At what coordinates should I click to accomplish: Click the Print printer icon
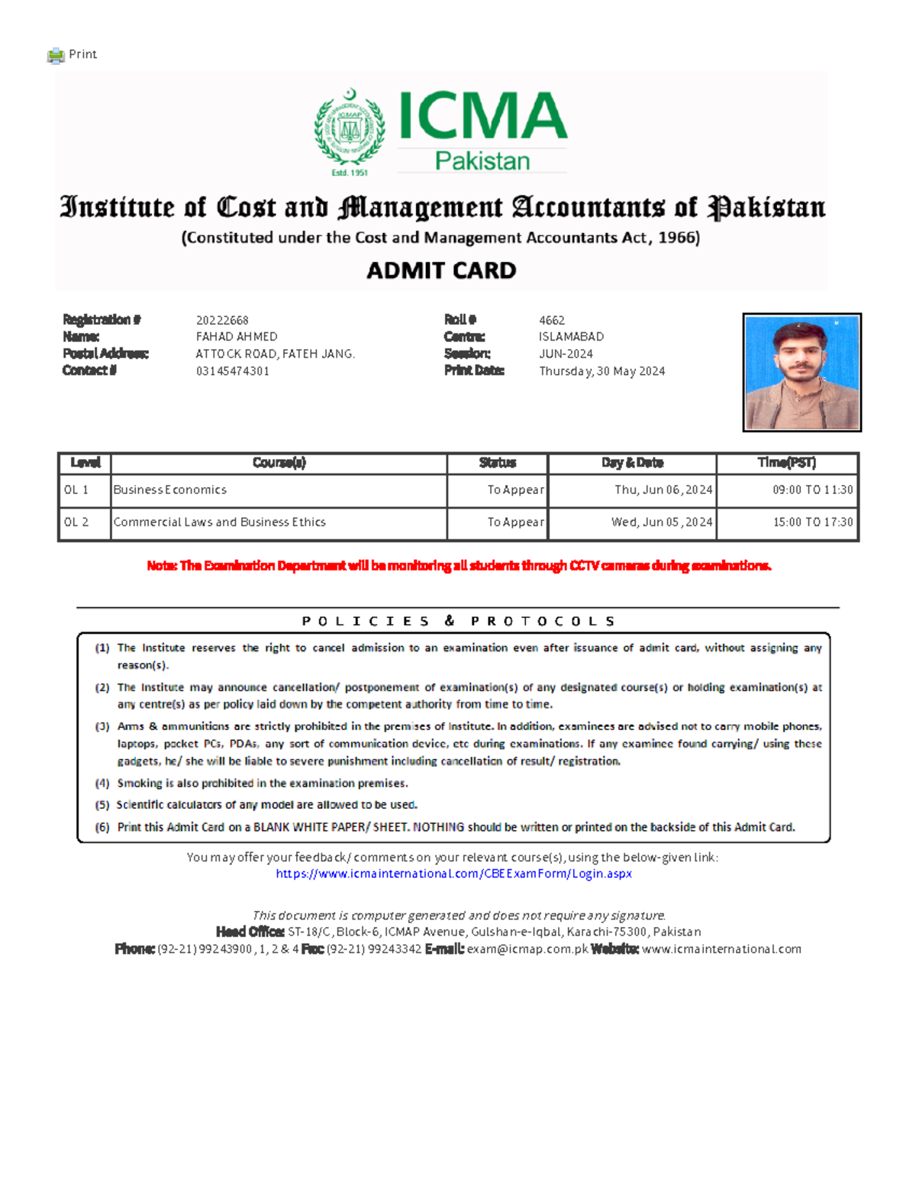pos(56,55)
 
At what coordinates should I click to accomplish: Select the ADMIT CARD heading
pos(441,270)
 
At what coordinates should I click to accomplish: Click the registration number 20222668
pos(222,320)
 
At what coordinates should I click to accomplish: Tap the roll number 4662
pos(552,320)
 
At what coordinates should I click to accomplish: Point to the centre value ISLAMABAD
pos(571,337)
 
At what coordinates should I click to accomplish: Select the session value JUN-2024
pos(566,354)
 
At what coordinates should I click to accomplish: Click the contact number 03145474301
pos(232,371)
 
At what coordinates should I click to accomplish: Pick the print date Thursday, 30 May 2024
pos(602,371)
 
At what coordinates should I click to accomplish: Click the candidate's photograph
pos(801,372)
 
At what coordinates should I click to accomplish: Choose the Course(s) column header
pos(279,463)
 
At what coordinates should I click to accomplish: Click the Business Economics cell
pos(170,490)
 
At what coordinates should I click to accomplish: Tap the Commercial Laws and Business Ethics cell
pos(219,522)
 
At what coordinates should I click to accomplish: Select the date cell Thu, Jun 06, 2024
pos(663,490)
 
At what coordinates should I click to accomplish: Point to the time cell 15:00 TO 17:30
pos(812,522)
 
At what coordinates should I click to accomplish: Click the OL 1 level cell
pos(76,490)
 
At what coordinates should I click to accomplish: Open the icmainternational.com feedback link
pos(453,874)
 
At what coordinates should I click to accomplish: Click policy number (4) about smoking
pos(262,784)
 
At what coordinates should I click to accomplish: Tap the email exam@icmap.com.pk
pos(527,949)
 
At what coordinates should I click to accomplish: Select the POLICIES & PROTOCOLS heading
pos(458,621)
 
